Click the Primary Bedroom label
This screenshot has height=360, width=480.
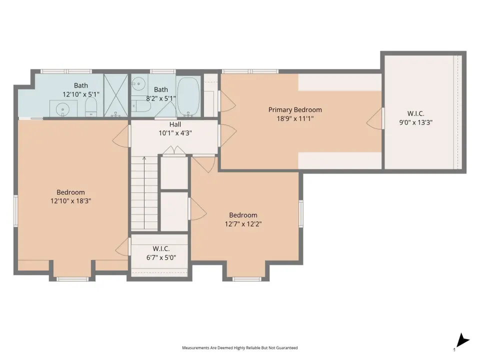click(295, 110)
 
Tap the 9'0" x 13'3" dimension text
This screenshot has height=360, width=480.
click(415, 122)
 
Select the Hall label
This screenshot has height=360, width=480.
click(175, 124)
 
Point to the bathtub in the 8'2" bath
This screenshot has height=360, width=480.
click(188, 96)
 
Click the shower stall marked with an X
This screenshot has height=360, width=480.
click(115, 95)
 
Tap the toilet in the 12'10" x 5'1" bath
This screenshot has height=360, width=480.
click(91, 107)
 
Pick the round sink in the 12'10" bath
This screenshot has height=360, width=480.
click(63, 109)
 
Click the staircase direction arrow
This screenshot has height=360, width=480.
click(144, 192)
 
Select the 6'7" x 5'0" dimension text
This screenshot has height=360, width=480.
click(161, 257)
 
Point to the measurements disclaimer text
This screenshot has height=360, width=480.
click(239, 348)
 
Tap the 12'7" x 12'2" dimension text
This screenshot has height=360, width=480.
click(243, 224)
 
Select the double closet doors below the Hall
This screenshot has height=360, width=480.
click(174, 150)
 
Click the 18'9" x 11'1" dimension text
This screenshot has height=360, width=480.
click(295, 119)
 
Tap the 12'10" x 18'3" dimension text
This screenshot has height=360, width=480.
click(70, 201)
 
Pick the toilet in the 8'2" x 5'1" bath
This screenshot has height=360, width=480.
click(141, 106)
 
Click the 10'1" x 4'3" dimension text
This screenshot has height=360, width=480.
click(175, 133)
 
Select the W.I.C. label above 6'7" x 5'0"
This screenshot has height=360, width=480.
click(161, 249)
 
